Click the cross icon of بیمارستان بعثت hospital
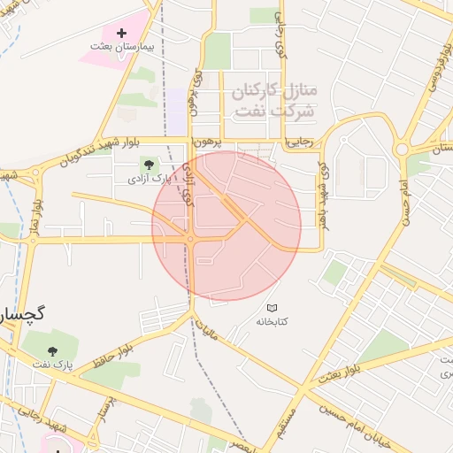tap(122, 33)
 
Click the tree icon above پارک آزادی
tap(147, 164)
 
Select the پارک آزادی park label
tap(147, 179)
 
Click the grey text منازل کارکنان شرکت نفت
tap(273, 102)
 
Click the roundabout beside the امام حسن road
tap(404, 148)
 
